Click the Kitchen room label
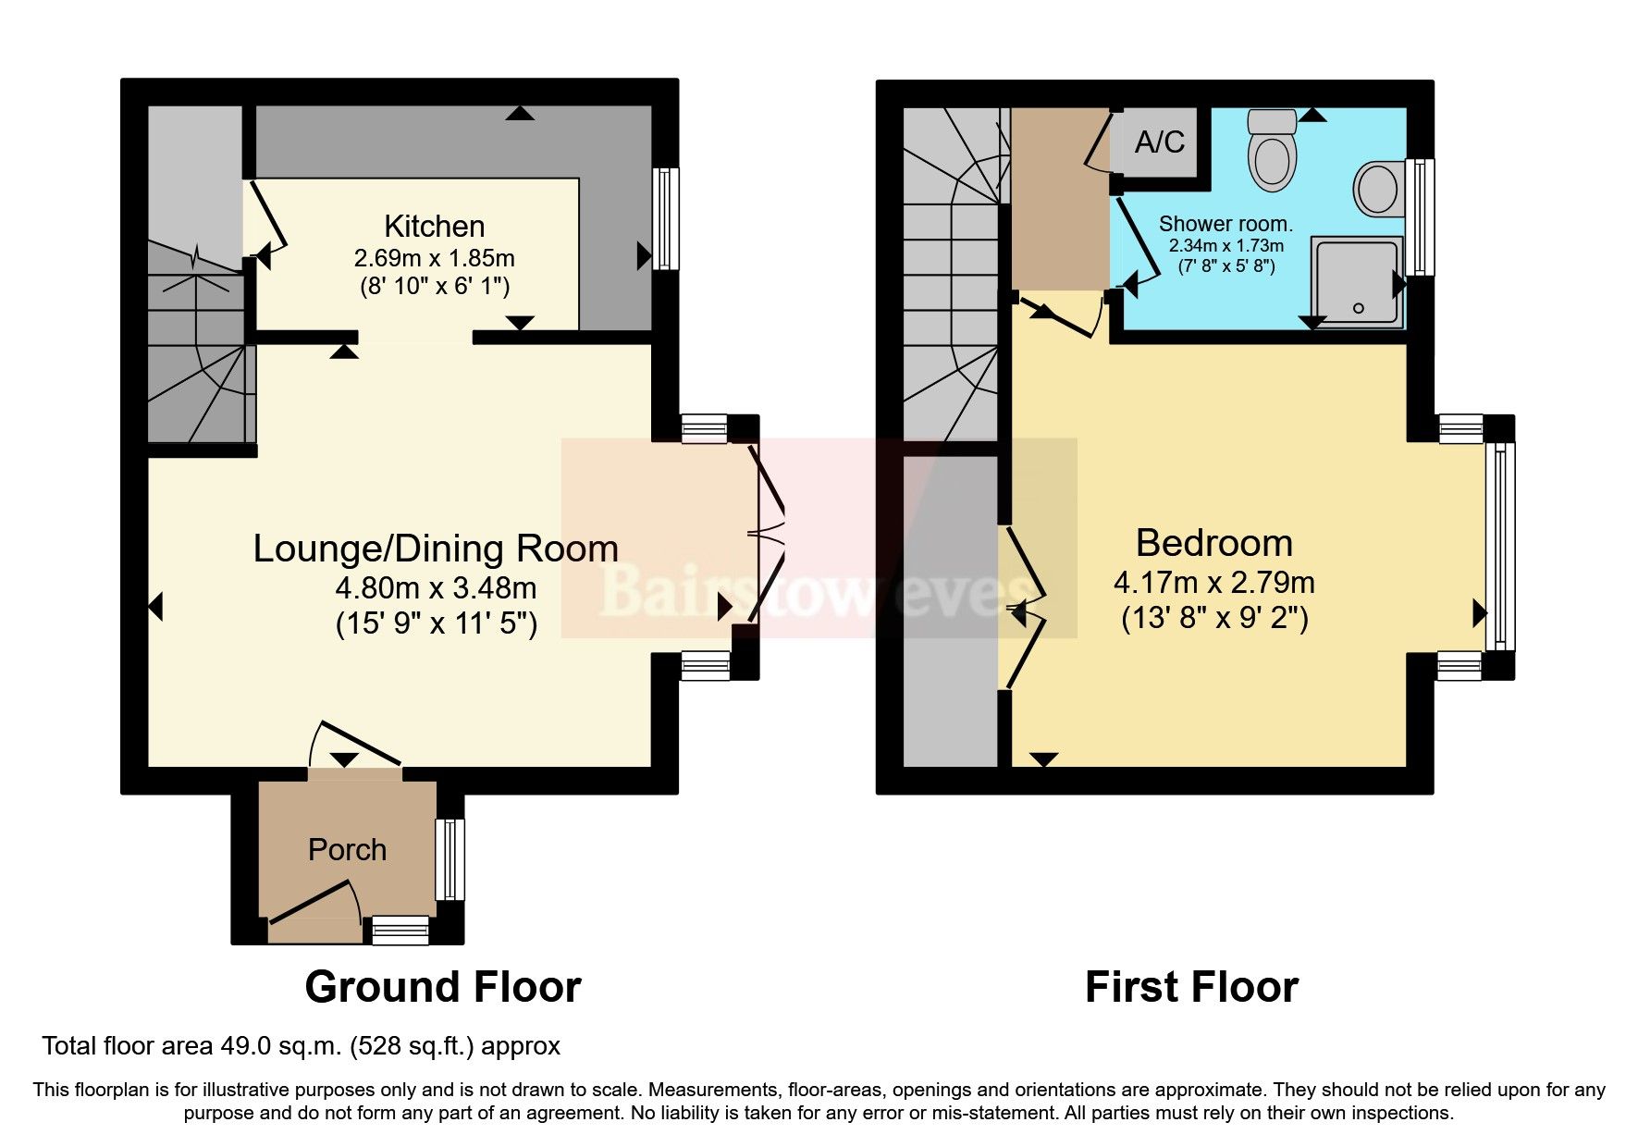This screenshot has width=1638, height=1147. coord(434,227)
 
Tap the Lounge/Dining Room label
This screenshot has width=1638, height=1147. coord(436,549)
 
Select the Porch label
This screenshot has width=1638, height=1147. coord(347,850)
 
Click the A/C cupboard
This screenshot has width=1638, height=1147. coord(1158,142)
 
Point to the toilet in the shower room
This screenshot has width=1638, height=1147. coord(1273,151)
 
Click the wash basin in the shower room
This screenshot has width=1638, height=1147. coord(1379,189)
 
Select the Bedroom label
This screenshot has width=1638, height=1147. coord(1213,543)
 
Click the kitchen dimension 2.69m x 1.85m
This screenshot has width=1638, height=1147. coord(434,258)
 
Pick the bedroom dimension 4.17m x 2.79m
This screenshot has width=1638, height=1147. coord(1213,583)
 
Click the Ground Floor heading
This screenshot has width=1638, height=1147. coord(442,987)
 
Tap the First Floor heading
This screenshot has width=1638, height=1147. coord(1190,987)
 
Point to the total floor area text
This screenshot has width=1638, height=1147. coord(301,1046)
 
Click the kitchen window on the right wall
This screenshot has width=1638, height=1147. coord(665,218)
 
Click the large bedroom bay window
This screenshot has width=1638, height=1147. coord(1500,546)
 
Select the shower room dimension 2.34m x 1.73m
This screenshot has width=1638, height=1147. coord(1225,246)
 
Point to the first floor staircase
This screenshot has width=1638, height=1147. coord(951,277)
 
